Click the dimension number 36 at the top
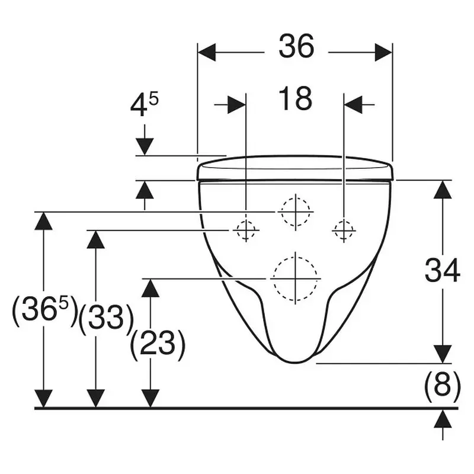coord(296,46)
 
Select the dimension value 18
coord(295,98)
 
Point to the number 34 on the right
coord(442,270)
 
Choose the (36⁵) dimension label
coord(44,312)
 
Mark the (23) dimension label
coord(158,345)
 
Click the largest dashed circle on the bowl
coord(295,278)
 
